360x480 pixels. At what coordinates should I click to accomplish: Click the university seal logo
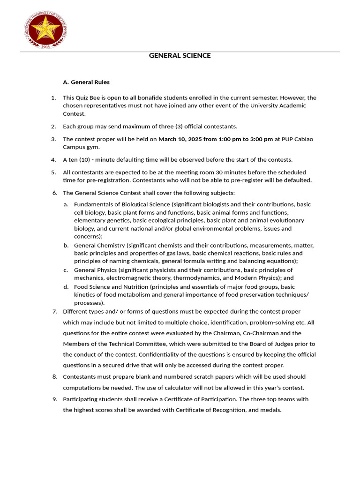coord(45,29)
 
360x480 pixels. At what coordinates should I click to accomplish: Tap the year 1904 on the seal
coord(45,46)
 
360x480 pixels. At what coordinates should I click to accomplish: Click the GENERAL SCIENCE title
coord(180,56)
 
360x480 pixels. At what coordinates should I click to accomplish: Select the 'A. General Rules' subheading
coord(86,82)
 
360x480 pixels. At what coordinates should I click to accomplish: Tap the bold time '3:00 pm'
coord(262,139)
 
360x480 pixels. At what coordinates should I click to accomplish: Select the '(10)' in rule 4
coord(86,160)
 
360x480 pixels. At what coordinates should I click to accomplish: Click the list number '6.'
coord(54,193)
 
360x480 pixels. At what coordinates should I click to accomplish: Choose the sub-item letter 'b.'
coord(66,246)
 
